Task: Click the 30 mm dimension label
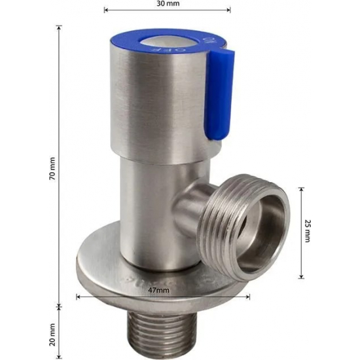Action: (x=168, y=3)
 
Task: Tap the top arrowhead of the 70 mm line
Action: (x=60, y=27)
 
